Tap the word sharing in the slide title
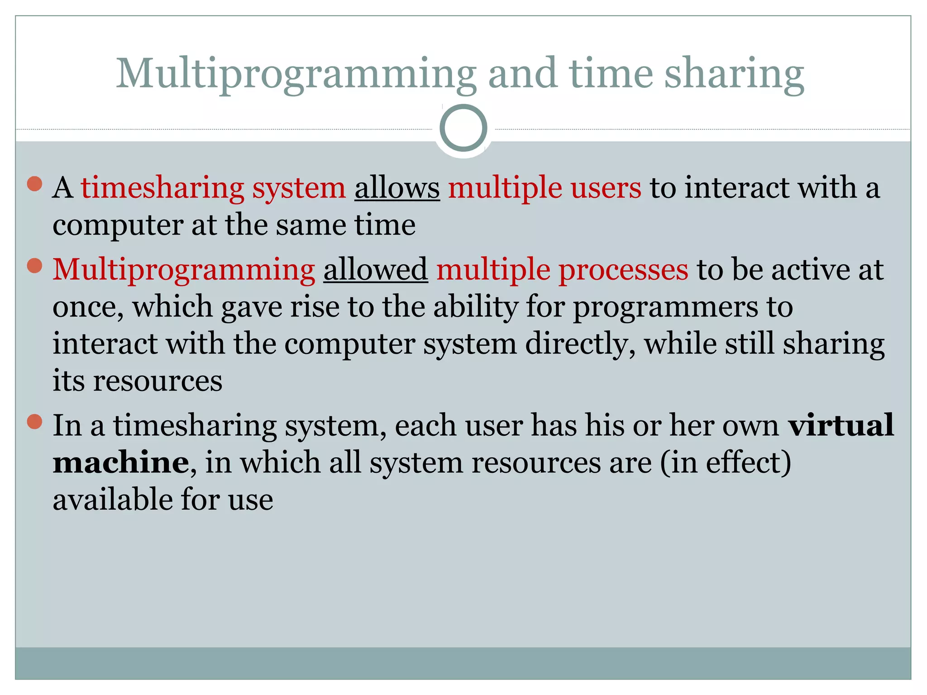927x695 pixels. (x=734, y=74)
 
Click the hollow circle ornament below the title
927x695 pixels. (x=463, y=128)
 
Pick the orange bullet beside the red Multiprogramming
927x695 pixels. (x=34, y=266)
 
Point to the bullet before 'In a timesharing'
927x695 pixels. (x=34, y=422)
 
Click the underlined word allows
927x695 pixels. (x=397, y=187)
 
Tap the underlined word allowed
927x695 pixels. (x=375, y=269)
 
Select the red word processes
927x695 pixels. (x=623, y=269)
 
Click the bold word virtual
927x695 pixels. (x=841, y=425)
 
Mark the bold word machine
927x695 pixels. (x=121, y=462)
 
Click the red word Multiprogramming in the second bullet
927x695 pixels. (x=184, y=270)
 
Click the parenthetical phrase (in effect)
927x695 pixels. (x=726, y=462)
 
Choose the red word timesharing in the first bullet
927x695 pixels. (x=162, y=187)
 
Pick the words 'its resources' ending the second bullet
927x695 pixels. (x=138, y=381)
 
